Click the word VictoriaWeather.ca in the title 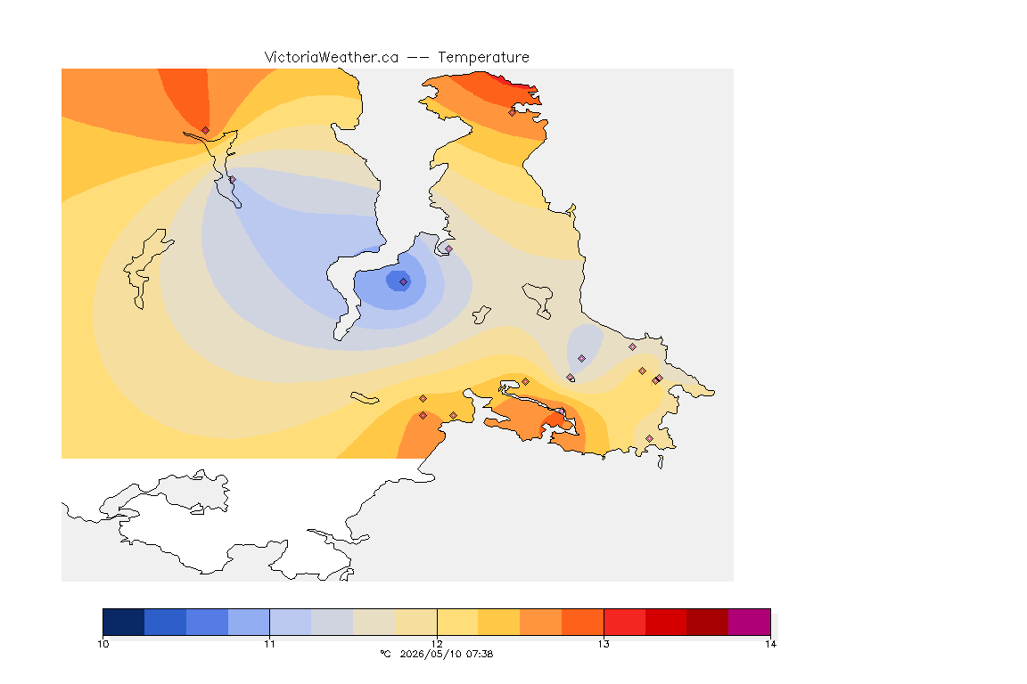[332, 58]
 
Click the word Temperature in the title [483, 58]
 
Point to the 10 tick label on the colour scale [103, 644]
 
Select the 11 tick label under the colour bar [270, 644]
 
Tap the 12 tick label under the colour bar [437, 644]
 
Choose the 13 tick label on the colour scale [604, 644]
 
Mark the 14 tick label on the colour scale [770, 644]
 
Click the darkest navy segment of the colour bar [124, 622]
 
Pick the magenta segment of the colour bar [749, 622]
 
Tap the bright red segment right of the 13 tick [624, 622]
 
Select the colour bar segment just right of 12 [457, 622]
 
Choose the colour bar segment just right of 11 [290, 622]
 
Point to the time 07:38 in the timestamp [481, 654]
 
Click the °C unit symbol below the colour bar [385, 654]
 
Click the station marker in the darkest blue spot [404, 282]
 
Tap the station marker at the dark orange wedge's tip [206, 131]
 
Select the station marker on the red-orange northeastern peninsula [513, 112]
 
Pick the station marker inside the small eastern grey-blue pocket [581, 359]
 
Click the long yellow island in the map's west [145, 267]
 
